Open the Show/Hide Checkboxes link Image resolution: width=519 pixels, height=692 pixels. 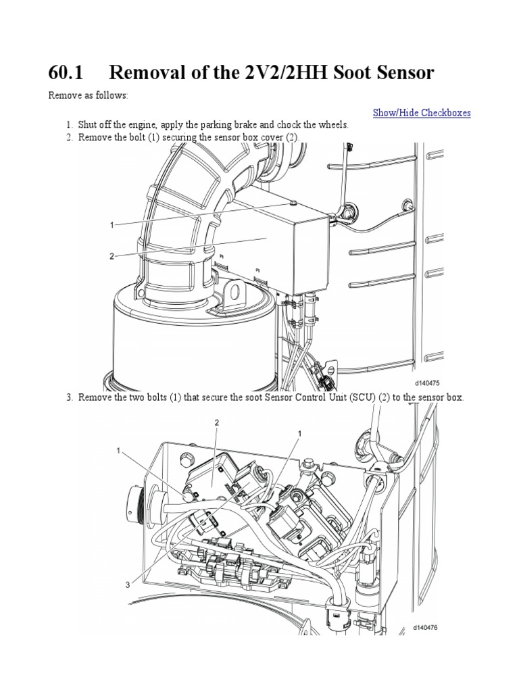pos(422,113)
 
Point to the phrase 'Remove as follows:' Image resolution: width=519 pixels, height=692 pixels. pos(88,96)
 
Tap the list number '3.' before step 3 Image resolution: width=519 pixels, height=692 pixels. pos(70,397)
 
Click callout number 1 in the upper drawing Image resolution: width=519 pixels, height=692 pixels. pos(113,225)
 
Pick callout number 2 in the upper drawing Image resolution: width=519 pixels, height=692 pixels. pos(113,256)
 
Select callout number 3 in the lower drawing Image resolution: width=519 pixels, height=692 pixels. pos(126,585)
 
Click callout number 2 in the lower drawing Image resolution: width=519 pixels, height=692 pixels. pos(216,422)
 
